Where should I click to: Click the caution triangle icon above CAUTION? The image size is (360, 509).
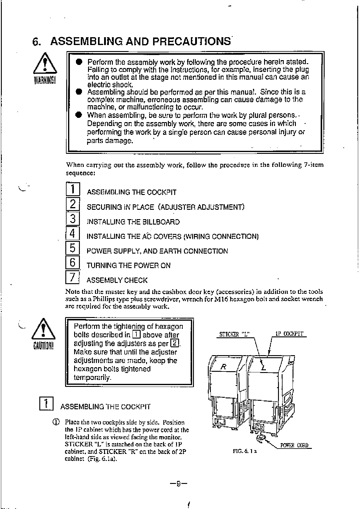pyautogui.click(x=44, y=330)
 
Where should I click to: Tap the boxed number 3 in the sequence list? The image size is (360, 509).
pyautogui.click(x=73, y=219)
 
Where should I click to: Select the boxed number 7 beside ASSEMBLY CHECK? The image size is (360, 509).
pyautogui.click(x=73, y=277)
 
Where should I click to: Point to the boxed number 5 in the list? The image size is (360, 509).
pyautogui.click(x=73, y=248)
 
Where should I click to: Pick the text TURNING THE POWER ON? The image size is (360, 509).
pyautogui.click(x=129, y=266)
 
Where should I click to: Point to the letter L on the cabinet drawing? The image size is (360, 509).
pyautogui.click(x=263, y=368)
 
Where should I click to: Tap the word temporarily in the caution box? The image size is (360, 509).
pyautogui.click(x=93, y=378)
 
